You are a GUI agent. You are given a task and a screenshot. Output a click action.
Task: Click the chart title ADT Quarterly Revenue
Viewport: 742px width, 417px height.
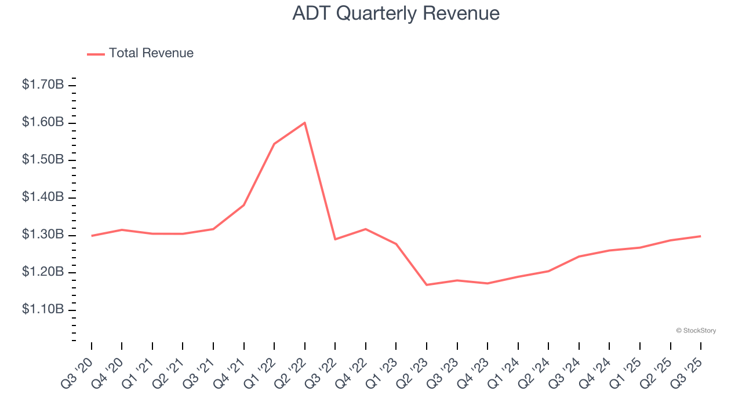pos(396,13)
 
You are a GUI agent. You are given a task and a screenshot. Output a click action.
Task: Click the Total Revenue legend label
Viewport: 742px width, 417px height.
pos(151,53)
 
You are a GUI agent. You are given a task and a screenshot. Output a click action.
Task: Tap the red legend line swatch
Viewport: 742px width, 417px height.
pos(96,54)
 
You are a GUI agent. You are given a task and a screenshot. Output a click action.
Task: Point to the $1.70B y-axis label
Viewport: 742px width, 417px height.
pos(43,85)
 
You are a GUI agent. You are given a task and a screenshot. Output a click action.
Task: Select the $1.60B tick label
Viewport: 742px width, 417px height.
pos(43,123)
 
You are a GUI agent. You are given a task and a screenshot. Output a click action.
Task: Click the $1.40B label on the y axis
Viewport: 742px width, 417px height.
pos(43,197)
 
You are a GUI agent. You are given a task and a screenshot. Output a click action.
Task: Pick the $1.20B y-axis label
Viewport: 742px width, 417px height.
pos(43,272)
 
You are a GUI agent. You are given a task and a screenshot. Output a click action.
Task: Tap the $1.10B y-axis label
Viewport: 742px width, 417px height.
pos(43,310)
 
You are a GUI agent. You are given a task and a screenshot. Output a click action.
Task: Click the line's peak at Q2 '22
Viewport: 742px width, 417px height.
pos(304,122)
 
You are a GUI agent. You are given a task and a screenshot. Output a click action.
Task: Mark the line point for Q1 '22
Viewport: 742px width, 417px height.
pos(274,144)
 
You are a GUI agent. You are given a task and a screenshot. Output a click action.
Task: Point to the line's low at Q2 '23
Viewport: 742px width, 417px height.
pos(427,285)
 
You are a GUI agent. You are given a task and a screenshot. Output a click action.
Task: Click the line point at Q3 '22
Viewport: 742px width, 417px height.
pos(335,239)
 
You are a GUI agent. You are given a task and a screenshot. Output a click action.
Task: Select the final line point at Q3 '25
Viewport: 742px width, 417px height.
pos(700,236)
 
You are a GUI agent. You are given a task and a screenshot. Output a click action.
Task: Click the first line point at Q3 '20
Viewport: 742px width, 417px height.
pos(92,236)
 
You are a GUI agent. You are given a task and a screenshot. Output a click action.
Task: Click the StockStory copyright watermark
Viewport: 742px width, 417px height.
pos(696,331)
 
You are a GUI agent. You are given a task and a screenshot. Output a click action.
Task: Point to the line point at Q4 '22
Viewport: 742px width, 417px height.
pos(366,229)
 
